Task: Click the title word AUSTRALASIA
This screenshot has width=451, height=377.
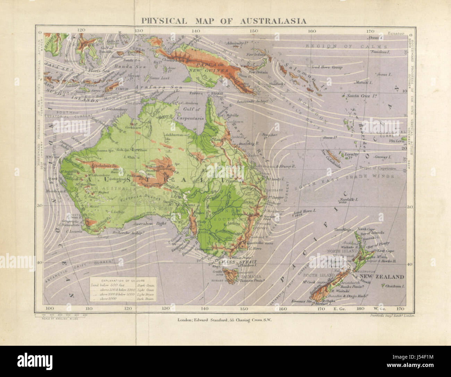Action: pyautogui.click(x=273, y=21)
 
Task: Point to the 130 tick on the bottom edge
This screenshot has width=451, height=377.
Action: pyautogui.click(x=166, y=308)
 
